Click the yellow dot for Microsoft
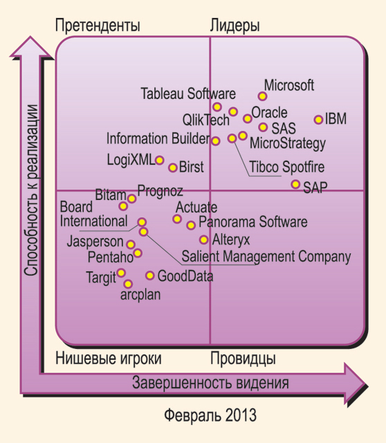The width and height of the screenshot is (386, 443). tap(262, 96)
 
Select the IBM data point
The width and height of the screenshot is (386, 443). tap(318, 120)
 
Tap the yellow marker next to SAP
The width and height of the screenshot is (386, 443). tap(295, 185)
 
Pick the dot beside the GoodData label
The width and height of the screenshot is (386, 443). tap(149, 275)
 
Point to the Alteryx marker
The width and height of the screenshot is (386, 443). tap(203, 240)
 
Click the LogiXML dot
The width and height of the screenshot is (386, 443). tap(160, 160)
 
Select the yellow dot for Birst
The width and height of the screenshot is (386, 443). tap(173, 168)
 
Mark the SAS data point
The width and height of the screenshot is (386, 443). tap(263, 127)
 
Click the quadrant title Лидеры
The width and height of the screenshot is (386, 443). tap(235, 26)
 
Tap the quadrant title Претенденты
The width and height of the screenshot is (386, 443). tap(98, 26)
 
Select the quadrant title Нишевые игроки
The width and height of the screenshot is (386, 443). tap(109, 359)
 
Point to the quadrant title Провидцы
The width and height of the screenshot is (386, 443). tap(243, 359)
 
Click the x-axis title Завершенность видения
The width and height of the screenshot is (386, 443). tap(211, 383)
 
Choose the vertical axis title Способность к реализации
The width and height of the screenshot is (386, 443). tap(30, 190)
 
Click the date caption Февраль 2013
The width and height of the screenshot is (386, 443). tap(210, 415)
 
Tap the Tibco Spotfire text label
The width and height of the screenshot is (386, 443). tap(287, 167)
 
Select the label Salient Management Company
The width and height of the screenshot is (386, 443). tap(266, 257)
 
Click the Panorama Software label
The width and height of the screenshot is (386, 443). tap(253, 221)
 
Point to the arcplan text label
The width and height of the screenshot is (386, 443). tap(140, 296)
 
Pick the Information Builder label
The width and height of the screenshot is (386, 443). tap(158, 138)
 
